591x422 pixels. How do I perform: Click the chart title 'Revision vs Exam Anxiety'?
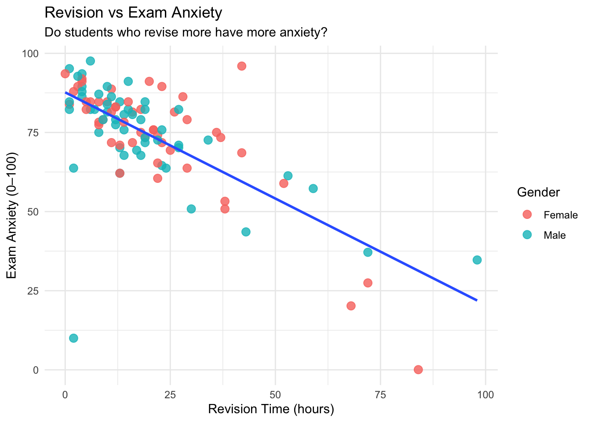pyautogui.click(x=133, y=13)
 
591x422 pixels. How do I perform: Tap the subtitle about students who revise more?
pyautogui.click(x=186, y=33)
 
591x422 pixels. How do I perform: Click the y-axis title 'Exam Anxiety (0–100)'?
pyautogui.click(x=12, y=215)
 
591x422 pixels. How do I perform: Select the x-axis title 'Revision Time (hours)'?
pyautogui.click(x=271, y=409)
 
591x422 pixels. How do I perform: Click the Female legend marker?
pyautogui.click(x=527, y=215)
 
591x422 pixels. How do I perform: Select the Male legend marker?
pyautogui.click(x=527, y=235)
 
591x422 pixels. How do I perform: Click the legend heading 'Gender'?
pyautogui.click(x=538, y=192)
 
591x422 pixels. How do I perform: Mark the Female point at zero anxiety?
pyautogui.click(x=418, y=369)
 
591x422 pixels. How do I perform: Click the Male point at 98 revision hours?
pyautogui.click(x=477, y=260)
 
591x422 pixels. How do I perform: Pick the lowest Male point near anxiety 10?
pyautogui.click(x=73, y=338)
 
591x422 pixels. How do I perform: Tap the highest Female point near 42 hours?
pyautogui.click(x=241, y=66)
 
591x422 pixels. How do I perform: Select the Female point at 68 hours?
pyautogui.click(x=351, y=306)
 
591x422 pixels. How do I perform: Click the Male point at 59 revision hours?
pyautogui.click(x=313, y=189)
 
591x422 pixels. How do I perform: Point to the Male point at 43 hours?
pyautogui.click(x=246, y=232)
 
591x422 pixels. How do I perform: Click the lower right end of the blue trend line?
pyautogui.click(x=476, y=300)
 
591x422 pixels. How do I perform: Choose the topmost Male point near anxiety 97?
pyautogui.click(x=90, y=61)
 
